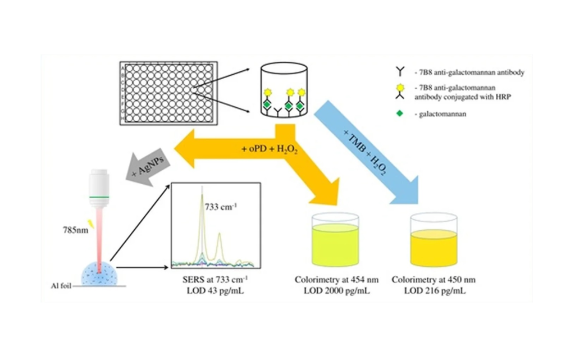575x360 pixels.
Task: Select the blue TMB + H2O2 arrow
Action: click(366, 147)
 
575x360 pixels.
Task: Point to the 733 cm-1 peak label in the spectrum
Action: click(221, 207)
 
